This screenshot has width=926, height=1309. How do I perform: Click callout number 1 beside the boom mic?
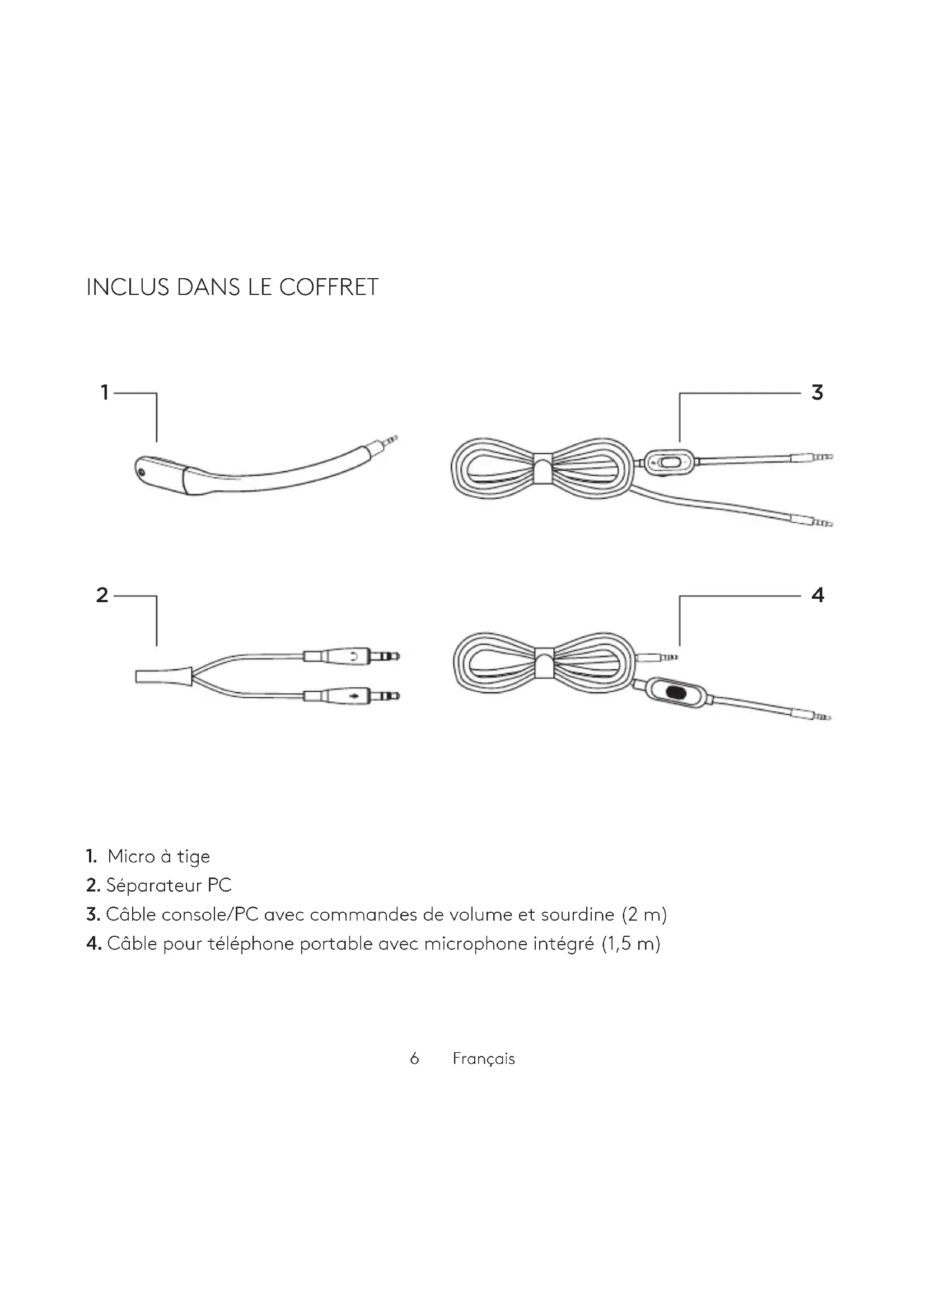[104, 393]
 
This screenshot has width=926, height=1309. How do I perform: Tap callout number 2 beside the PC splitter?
[102, 595]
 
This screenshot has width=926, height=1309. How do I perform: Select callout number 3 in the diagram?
[817, 393]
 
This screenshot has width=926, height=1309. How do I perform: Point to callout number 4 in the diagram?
[817, 595]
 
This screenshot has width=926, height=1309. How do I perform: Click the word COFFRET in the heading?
[329, 287]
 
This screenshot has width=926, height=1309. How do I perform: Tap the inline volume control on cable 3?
[668, 462]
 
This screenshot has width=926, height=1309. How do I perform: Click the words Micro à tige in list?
[158, 856]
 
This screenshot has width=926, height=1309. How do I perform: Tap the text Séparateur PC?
[169, 885]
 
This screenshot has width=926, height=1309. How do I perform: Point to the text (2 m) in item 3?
[644, 914]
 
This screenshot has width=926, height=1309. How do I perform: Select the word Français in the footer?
[484, 1059]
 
